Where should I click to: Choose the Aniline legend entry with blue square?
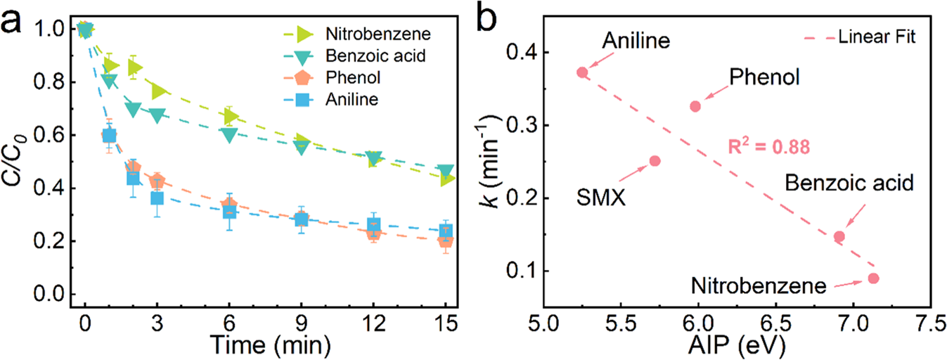pyautogui.click(x=346, y=99)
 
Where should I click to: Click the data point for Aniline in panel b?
pyautogui.click(x=582, y=72)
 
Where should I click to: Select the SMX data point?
pyautogui.click(x=655, y=160)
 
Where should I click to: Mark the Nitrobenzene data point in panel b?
pyautogui.click(x=873, y=278)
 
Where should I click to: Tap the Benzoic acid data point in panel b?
pyautogui.click(x=839, y=236)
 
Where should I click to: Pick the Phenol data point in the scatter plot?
pyautogui.click(x=695, y=106)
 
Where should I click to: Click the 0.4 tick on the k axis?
pyautogui.click(x=517, y=53)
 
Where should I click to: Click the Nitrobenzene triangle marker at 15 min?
pyautogui.click(x=446, y=179)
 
